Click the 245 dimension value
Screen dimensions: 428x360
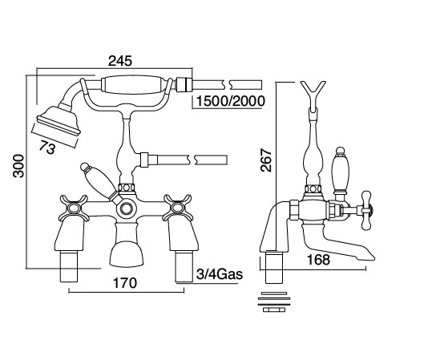[120, 61]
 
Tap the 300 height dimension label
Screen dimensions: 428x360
[18, 166]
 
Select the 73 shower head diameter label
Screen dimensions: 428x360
[47, 148]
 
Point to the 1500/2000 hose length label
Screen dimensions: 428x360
[230, 101]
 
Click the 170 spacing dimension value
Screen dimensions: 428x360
[125, 283]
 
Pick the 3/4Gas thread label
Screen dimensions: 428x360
[220, 274]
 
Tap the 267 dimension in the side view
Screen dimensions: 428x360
[266, 160]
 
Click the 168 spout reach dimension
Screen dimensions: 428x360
[318, 260]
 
